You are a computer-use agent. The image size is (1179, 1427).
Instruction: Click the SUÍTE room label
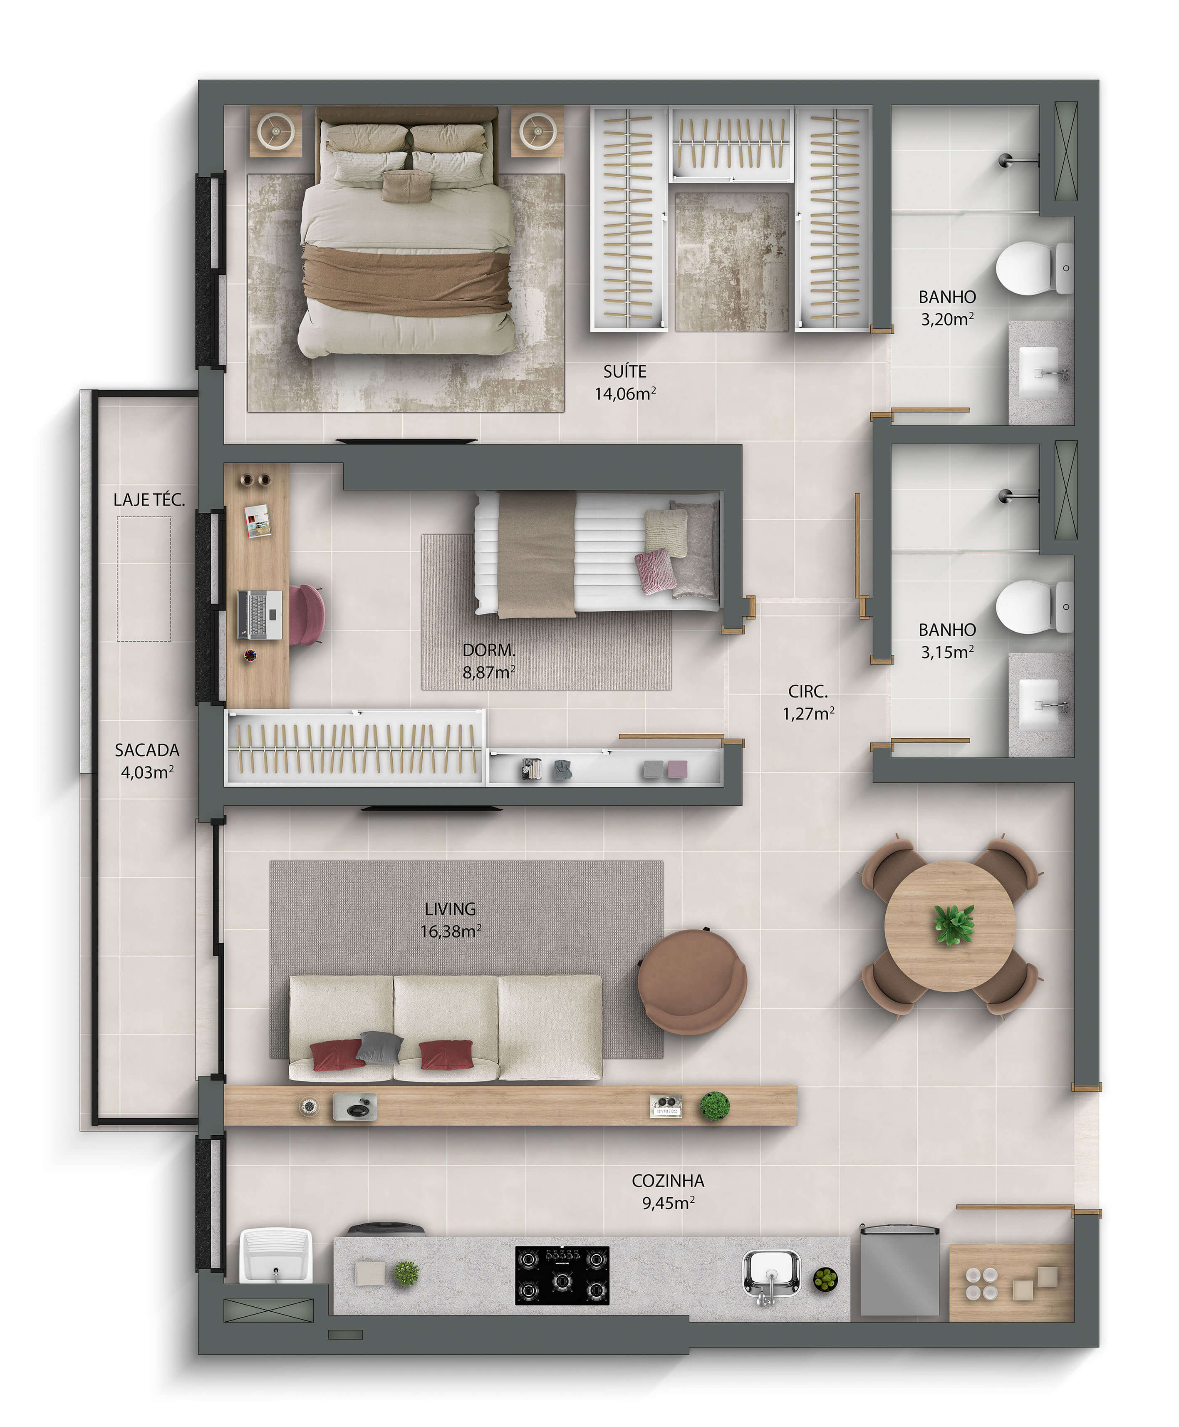pos(625,372)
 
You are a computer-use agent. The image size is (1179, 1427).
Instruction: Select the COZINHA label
pos(668,1181)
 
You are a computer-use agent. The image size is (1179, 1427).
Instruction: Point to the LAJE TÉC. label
pos(149,499)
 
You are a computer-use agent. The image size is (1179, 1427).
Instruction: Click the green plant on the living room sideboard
pos(714,1107)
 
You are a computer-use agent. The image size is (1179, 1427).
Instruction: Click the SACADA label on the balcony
pos(147,750)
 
